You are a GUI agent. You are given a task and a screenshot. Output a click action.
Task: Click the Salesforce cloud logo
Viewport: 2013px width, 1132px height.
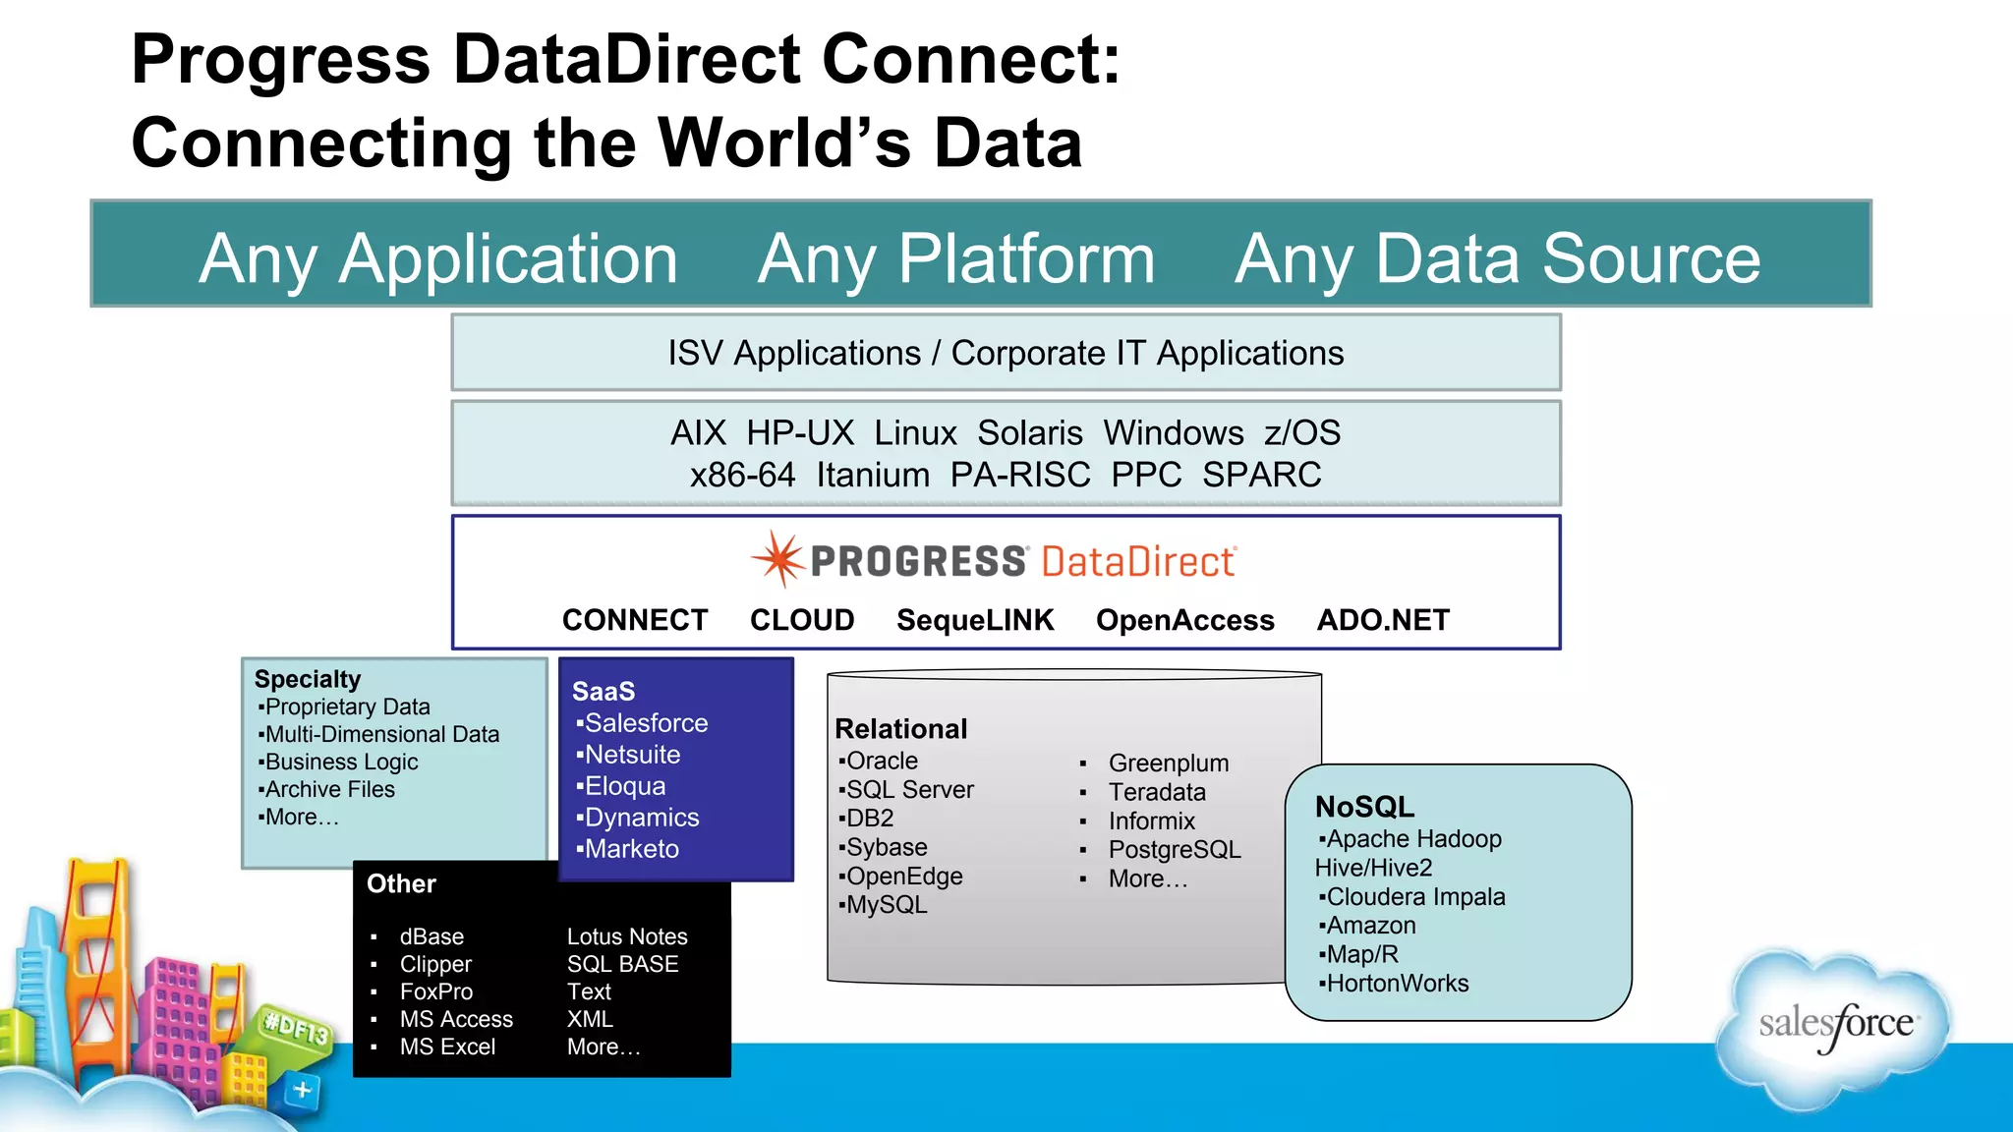tap(1834, 1026)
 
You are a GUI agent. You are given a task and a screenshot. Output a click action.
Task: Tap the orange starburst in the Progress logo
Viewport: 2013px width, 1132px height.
tap(779, 560)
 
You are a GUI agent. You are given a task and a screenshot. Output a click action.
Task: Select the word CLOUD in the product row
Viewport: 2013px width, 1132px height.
tap(802, 620)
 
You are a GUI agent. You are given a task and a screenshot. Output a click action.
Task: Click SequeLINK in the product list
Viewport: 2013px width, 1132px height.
tap(975, 620)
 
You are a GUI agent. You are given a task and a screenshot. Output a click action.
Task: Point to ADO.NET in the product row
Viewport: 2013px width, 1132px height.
tap(1383, 620)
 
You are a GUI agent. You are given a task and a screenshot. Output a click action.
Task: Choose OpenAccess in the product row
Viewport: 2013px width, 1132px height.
tap(1185, 620)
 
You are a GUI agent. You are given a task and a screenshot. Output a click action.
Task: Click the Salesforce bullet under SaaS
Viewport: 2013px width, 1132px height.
tap(646, 723)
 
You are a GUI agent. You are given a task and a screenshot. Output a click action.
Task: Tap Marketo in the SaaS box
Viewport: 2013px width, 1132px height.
tap(631, 849)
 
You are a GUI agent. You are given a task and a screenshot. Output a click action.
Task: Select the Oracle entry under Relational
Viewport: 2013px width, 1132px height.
tap(882, 761)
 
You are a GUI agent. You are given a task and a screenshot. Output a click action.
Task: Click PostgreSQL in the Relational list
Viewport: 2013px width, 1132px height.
tap(1175, 849)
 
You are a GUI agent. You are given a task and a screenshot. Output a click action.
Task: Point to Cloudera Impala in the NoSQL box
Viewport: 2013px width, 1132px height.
tap(1415, 897)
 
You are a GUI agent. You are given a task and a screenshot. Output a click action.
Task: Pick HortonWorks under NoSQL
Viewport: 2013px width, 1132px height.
tap(1397, 984)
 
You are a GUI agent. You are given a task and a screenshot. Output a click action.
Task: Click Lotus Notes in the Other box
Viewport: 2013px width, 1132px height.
tap(627, 936)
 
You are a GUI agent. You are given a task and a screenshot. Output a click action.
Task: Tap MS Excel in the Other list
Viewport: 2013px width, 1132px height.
tap(447, 1047)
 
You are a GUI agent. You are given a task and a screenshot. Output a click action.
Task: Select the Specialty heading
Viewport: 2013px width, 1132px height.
tap(308, 679)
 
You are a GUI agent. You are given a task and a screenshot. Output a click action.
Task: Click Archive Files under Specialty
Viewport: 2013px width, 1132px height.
tap(329, 789)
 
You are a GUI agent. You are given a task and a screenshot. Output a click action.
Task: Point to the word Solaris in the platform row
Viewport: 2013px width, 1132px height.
tap(1029, 433)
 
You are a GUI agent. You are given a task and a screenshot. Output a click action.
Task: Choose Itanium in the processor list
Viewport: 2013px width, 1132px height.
tap(873, 476)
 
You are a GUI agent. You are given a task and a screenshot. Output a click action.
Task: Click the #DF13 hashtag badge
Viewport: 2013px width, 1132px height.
tap(296, 1030)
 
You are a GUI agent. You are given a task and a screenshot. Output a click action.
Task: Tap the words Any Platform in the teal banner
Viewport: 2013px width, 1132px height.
tap(955, 258)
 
